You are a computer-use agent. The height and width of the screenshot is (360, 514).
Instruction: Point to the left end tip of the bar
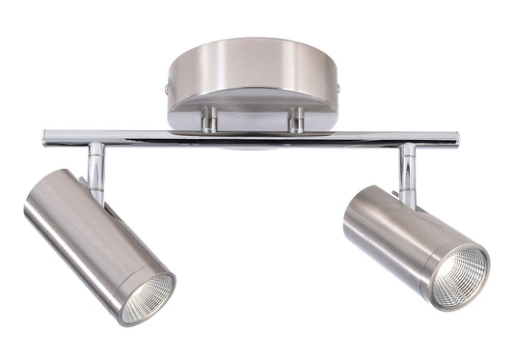point(46,138)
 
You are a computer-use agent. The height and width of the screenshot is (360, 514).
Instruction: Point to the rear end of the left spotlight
point(43,193)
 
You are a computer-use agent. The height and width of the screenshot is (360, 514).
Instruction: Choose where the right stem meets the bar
point(408,147)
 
